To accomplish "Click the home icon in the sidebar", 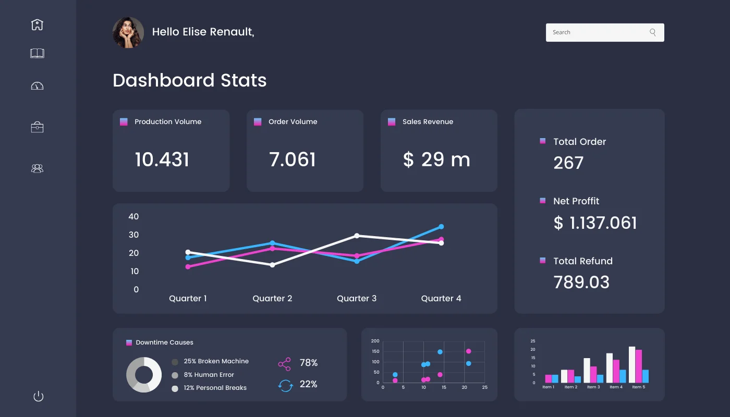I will click(x=37, y=24).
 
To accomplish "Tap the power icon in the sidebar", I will click(x=38, y=397).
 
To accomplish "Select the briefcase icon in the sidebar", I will click(x=37, y=127).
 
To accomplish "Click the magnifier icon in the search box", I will click(x=653, y=32).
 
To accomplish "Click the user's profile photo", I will click(x=128, y=32).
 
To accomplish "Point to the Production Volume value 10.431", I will click(x=162, y=160).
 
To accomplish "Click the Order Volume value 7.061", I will click(x=293, y=160).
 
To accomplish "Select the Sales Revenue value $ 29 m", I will click(x=436, y=160).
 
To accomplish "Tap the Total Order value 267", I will click(x=568, y=163).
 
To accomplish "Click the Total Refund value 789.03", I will click(x=581, y=282).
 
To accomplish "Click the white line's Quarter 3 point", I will click(x=357, y=236).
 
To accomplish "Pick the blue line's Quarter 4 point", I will click(x=441, y=227).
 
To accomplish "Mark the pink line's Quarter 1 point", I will click(x=188, y=267).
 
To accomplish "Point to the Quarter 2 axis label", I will click(x=272, y=299).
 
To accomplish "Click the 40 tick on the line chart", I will click(x=133, y=217).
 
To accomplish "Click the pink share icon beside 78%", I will click(x=285, y=364).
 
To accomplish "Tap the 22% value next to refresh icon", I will click(x=309, y=384).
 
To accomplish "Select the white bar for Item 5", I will click(x=632, y=365).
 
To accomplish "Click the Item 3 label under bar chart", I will click(x=592, y=387).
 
